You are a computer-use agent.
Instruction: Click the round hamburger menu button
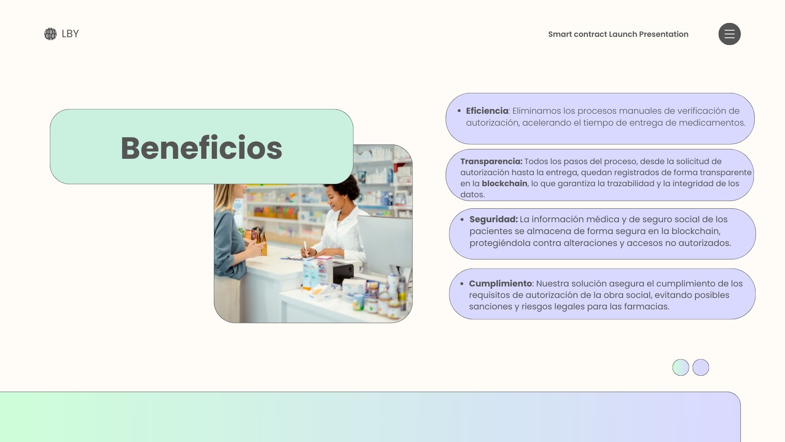pos(729,34)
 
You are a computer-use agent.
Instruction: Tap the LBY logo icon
pos(50,34)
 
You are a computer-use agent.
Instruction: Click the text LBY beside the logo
pos(70,34)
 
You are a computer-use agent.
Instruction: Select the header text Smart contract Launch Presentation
pos(618,34)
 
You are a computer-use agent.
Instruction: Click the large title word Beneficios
pos(202,148)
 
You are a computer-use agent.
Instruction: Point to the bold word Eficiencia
pos(487,111)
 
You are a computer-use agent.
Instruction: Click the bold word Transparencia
pos(491,162)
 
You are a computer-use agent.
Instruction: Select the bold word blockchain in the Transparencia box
pos(505,183)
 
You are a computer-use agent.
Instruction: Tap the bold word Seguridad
pos(493,219)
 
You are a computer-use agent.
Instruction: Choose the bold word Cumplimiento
pos(500,284)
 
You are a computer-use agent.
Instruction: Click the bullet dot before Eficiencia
pos(459,111)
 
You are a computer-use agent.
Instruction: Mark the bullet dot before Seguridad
pos(462,220)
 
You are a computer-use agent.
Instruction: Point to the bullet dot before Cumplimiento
pos(462,284)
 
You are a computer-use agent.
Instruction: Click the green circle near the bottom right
pos(681,368)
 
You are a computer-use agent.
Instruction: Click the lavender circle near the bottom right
pos(701,368)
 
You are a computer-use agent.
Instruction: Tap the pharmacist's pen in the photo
pos(305,248)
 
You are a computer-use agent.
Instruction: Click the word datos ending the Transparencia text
pos(472,195)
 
